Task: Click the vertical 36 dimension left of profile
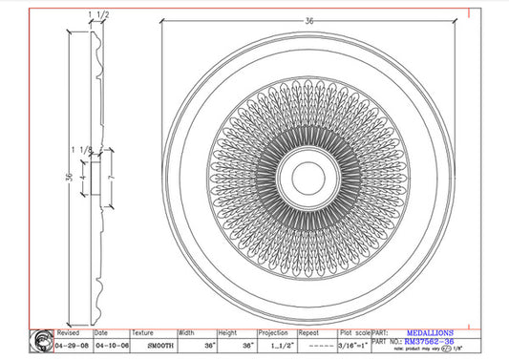coord(69,177)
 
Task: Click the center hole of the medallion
coord(308,175)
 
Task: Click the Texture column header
coord(143,333)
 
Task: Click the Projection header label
coord(273,333)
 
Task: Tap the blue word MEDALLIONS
coord(431,333)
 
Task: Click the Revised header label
coord(70,333)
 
